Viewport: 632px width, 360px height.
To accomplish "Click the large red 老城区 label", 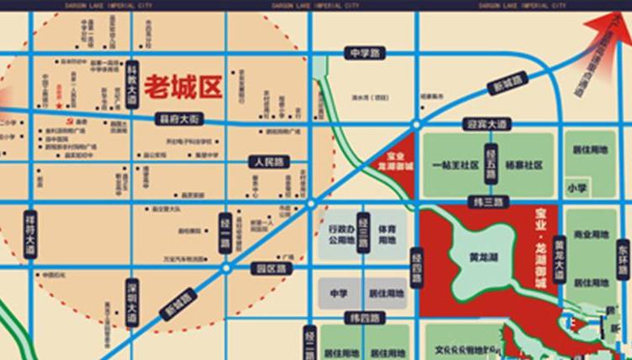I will pos(182,86).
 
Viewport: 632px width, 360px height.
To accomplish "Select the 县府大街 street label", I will pos(180,120).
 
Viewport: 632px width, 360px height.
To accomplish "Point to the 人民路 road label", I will pos(268,160).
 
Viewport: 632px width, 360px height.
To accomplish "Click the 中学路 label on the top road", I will pos(364,54).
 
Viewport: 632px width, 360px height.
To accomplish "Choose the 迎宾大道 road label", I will pos(489,124).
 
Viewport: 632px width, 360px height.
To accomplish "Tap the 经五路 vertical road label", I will pos(491,164).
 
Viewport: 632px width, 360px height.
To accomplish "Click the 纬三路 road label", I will pos(490,203).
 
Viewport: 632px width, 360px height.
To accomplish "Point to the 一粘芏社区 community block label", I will pos(454,166).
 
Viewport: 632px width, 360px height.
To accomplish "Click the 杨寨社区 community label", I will pos(525,166).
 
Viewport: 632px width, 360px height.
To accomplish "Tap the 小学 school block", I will pos(577,188).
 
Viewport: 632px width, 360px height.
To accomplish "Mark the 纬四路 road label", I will pos(363,318).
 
